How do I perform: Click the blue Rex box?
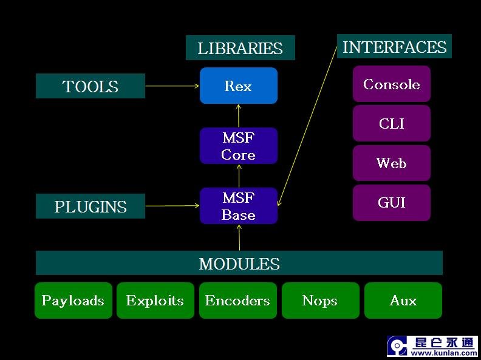[238, 86]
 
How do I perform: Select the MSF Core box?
[238, 146]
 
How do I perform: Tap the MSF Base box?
[238, 206]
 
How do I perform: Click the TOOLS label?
[90, 86]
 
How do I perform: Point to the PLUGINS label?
[90, 206]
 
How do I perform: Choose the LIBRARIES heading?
[240, 48]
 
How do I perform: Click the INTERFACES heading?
[394, 47]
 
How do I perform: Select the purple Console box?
[391, 84]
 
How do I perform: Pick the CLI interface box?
[391, 123]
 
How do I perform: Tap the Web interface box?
[391, 163]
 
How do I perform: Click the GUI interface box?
[391, 202]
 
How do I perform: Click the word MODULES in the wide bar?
[239, 263]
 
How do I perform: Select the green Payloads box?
[73, 301]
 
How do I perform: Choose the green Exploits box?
[155, 301]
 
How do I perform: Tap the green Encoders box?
[237, 301]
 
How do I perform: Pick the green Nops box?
[319, 301]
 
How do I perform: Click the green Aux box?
[403, 301]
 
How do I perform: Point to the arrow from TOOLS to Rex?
[172, 86]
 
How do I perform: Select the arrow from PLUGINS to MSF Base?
[172, 206]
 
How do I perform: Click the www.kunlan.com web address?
[443, 352]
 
